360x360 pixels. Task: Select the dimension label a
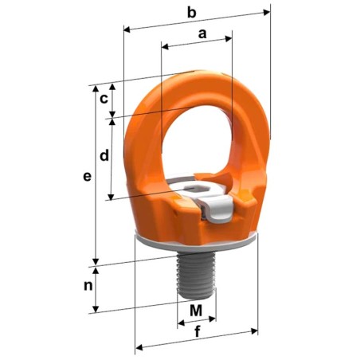(202, 33)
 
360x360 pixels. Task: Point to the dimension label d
(104, 156)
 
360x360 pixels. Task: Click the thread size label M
(195, 309)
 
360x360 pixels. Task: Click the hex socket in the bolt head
(194, 190)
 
